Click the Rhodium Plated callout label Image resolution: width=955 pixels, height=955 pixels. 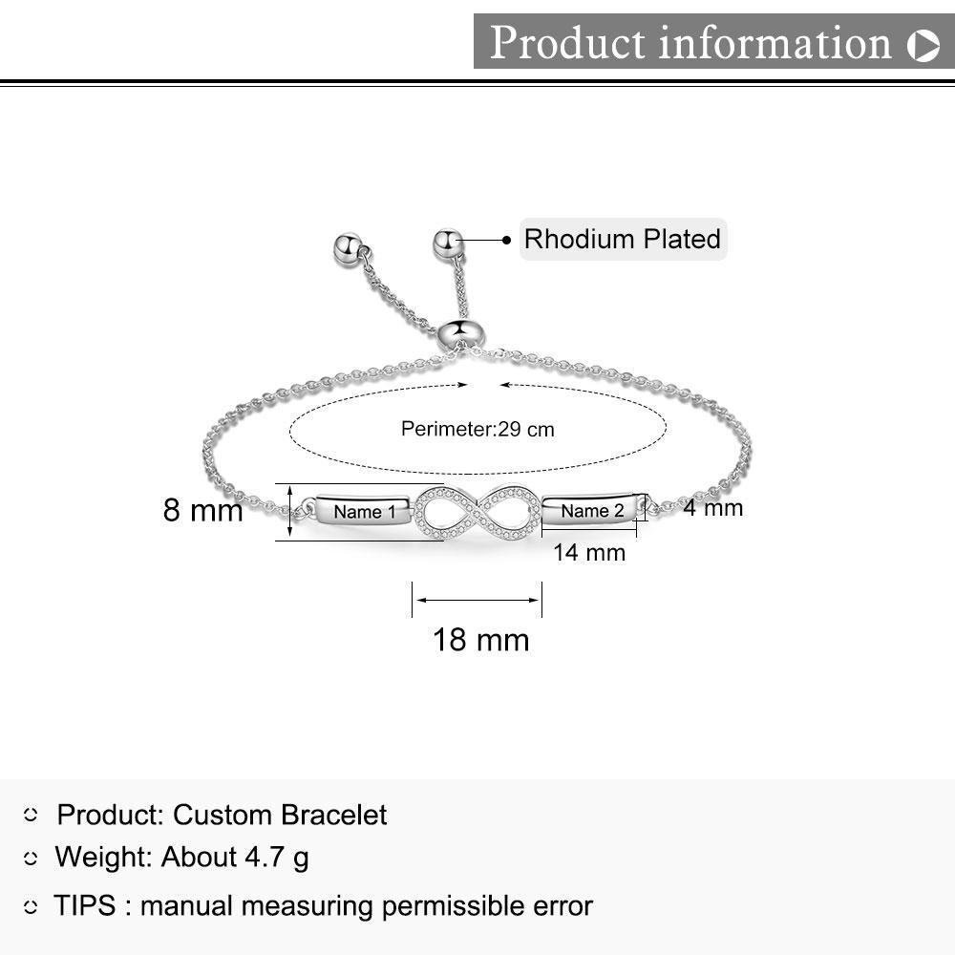[x=623, y=240]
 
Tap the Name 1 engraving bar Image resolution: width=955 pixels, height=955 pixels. [x=363, y=510]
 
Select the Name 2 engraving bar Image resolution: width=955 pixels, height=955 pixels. [x=593, y=510]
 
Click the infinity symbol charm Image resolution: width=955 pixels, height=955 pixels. [x=478, y=512]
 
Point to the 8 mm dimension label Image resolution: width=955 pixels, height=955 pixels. [x=202, y=510]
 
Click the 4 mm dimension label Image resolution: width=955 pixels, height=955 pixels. [x=712, y=507]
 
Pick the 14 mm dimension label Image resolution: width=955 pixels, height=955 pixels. [x=589, y=552]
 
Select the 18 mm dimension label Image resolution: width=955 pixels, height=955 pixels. [x=480, y=640]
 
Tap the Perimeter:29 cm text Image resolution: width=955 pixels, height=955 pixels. [x=477, y=429]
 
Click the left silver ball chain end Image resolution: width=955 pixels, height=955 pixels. [x=349, y=247]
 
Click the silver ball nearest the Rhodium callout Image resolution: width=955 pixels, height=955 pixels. [x=448, y=243]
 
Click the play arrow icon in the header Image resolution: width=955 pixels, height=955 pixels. [x=923, y=45]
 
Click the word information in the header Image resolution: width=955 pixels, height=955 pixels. [x=775, y=43]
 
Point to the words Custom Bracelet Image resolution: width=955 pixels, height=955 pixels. [x=280, y=815]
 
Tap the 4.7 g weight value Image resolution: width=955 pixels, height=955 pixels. [x=277, y=858]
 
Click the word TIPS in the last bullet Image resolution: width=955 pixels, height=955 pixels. [x=85, y=905]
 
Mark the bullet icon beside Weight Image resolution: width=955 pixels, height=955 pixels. [x=31, y=859]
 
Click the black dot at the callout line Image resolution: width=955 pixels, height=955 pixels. [x=506, y=240]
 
